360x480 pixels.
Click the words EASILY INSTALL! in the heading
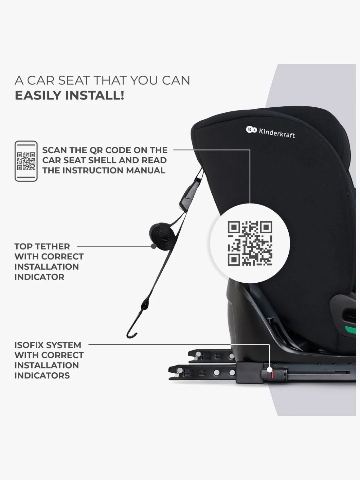(x=69, y=95)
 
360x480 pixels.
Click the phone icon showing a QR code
(x=26, y=161)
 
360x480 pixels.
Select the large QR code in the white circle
(x=250, y=243)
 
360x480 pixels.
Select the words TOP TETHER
(x=42, y=246)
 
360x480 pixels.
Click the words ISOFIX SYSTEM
(x=48, y=345)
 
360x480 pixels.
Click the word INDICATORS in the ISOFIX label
(x=42, y=375)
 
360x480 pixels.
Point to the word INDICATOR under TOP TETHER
(x=39, y=277)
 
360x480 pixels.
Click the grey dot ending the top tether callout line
(x=154, y=246)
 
